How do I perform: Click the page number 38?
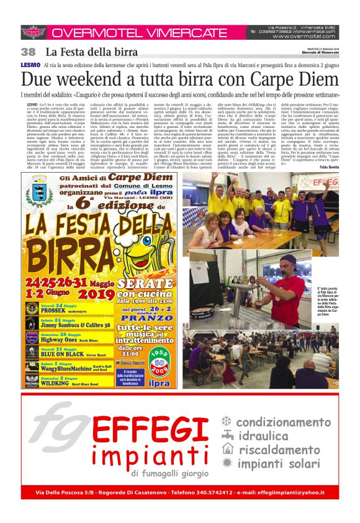[x=28, y=52]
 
